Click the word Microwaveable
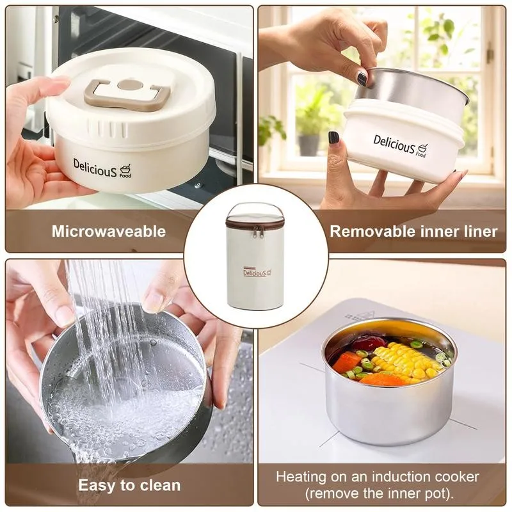[109, 231]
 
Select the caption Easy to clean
[129, 485]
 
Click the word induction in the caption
[390, 477]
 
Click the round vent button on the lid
[131, 85]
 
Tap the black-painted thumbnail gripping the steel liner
[362, 79]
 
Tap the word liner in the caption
[479, 231]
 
